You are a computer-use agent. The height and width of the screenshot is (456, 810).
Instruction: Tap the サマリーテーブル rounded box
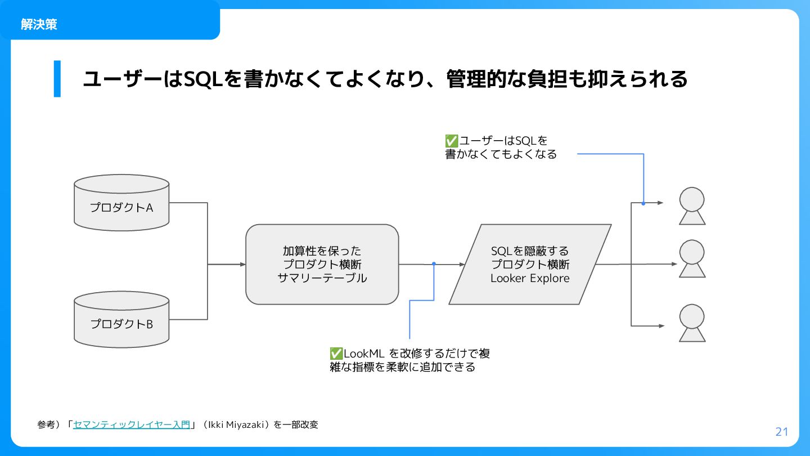(x=322, y=265)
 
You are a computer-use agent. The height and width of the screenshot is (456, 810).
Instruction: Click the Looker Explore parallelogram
(x=530, y=265)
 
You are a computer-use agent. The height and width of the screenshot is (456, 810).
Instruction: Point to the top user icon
(x=692, y=206)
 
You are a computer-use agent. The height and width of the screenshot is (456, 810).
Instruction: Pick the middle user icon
(x=692, y=258)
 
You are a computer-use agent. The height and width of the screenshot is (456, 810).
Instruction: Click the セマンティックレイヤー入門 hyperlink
(x=132, y=425)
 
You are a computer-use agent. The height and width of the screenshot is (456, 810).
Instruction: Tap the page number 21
(x=782, y=432)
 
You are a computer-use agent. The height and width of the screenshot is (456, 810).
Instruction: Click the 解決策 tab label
(x=39, y=24)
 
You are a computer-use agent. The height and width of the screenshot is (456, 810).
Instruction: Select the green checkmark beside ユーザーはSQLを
(x=451, y=141)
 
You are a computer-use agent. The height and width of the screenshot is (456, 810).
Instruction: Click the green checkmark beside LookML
(x=336, y=354)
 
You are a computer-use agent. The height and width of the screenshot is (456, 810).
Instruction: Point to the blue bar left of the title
(x=57, y=79)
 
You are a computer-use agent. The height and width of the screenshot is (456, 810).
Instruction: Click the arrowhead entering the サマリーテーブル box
(x=243, y=264)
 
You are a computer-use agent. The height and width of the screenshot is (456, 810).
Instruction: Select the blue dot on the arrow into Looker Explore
(x=434, y=263)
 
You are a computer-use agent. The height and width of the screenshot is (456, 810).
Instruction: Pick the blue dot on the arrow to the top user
(x=643, y=203)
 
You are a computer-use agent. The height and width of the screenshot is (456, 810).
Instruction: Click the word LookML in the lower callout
(x=364, y=354)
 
